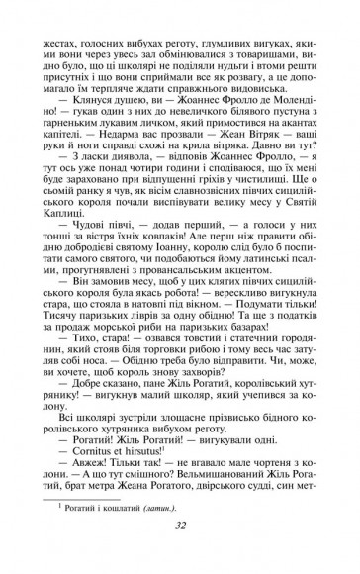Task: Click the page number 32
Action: coord(180,554)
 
